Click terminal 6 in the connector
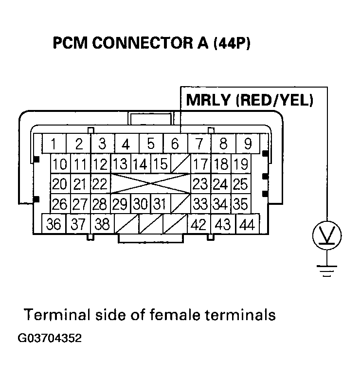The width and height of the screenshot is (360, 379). point(175,144)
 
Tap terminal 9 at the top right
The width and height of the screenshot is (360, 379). point(247,144)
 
